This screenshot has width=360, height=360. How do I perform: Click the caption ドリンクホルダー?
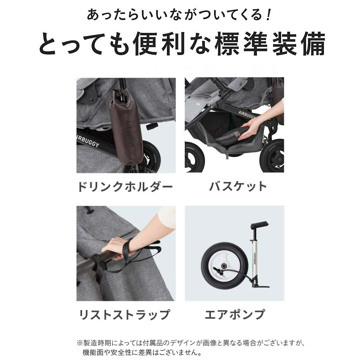click(x=125, y=186)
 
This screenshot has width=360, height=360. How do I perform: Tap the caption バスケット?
click(x=238, y=186)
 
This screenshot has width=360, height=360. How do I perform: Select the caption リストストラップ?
click(x=124, y=314)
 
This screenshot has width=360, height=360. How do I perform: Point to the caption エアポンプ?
click(x=235, y=314)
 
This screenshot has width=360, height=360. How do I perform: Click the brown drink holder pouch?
click(x=126, y=126)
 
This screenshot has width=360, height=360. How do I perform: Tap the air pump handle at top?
click(x=259, y=224)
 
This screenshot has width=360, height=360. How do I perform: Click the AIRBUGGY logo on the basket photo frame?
click(x=247, y=115)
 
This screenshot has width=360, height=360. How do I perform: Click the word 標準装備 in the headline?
click(x=270, y=44)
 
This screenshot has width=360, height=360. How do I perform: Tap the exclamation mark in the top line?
click(x=268, y=15)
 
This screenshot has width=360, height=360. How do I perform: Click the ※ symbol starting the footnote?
click(x=79, y=343)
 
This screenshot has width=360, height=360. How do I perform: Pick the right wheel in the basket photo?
click(x=272, y=156)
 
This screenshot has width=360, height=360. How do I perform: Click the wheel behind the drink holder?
click(x=150, y=156)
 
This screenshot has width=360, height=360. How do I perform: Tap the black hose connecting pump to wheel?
click(x=234, y=274)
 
